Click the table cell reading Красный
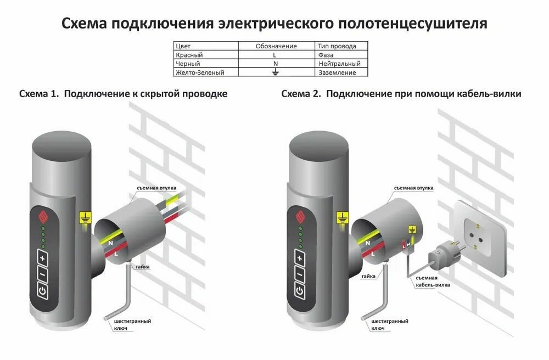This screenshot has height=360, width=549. click(189, 55)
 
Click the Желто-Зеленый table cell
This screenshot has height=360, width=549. click(200, 72)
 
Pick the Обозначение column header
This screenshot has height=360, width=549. click(276, 46)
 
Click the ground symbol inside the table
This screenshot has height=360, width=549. click(276, 72)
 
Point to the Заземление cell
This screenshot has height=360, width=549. click(337, 72)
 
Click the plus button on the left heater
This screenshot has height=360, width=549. click(43, 257)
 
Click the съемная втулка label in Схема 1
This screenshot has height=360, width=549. click(156, 188)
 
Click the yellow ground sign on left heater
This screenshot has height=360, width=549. click(85, 217)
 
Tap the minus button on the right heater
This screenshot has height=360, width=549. click(300, 274)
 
